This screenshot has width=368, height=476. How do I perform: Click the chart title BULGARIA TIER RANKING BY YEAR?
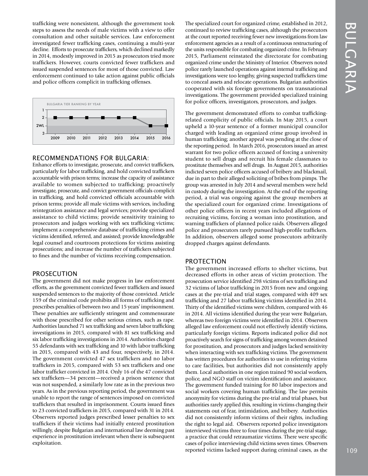pyautogui.click(x=74, y=104)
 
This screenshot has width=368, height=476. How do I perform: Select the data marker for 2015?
pyautogui.click(x=150, y=126)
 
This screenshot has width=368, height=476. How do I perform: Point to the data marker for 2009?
pyautogui.click(x=55, y=118)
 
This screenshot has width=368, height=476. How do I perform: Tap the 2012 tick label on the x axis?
pyautogui.click(x=103, y=138)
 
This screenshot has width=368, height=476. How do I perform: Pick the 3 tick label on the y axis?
pyautogui.click(x=43, y=134)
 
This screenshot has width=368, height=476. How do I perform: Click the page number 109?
pyautogui.click(x=352, y=450)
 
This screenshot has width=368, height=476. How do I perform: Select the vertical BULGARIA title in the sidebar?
pyautogui.click(x=352, y=58)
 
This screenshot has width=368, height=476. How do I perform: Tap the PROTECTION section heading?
pyautogui.click(x=206, y=261)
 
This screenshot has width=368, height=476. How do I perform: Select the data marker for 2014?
pyautogui.click(x=134, y=118)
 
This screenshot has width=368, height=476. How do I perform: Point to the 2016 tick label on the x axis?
pyautogui.click(x=166, y=138)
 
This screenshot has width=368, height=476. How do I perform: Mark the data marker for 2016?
pyautogui.click(x=166, y=126)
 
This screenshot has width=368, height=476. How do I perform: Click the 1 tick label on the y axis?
pyautogui.click(x=43, y=110)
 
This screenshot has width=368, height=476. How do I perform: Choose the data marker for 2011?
pyautogui.click(x=87, y=118)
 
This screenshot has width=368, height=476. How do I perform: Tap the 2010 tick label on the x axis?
pyautogui.click(x=71, y=138)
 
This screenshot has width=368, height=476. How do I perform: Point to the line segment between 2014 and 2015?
pyautogui.click(x=142, y=122)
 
